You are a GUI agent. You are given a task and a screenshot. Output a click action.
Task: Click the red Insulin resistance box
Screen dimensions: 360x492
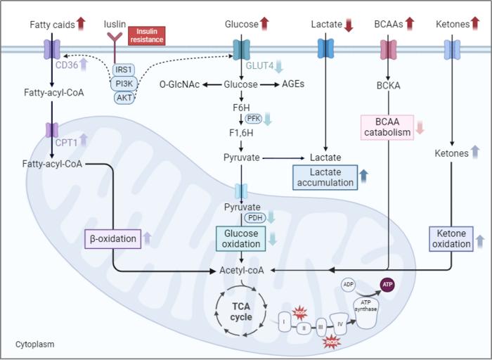147,35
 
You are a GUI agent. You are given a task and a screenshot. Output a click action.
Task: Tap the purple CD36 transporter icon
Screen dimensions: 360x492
52,49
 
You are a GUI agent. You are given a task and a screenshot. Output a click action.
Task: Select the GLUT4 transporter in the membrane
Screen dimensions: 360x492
241,49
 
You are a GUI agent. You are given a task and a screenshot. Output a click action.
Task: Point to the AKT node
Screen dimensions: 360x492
124,98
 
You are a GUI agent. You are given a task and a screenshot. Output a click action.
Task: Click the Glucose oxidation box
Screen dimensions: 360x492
241,238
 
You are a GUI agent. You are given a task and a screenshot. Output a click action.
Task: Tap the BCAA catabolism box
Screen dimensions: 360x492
385,127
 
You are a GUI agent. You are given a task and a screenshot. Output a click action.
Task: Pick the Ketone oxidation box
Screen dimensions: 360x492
451,238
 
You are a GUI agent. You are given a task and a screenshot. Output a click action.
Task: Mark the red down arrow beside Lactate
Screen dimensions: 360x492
349,25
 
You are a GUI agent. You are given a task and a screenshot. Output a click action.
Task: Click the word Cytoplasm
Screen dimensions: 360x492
34,345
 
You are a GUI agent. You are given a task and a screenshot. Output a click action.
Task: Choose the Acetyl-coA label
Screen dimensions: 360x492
240,270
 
